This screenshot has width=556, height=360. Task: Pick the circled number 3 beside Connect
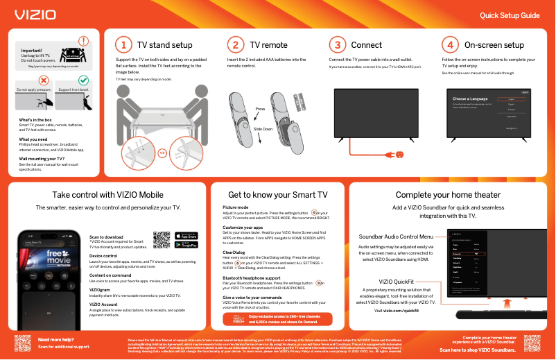pos(336,45)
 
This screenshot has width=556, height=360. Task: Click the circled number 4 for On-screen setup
pos(450,45)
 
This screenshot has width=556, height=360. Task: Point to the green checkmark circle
pos(83,81)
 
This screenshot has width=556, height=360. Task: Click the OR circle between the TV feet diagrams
pos(162,152)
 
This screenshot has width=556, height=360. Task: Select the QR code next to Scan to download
pos(162,239)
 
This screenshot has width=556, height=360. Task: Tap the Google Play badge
pos(186,244)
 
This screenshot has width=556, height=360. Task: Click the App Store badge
pos(186,234)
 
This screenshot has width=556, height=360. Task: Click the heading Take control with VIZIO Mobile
pos(107,195)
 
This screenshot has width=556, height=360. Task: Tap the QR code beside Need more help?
pos(23,343)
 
